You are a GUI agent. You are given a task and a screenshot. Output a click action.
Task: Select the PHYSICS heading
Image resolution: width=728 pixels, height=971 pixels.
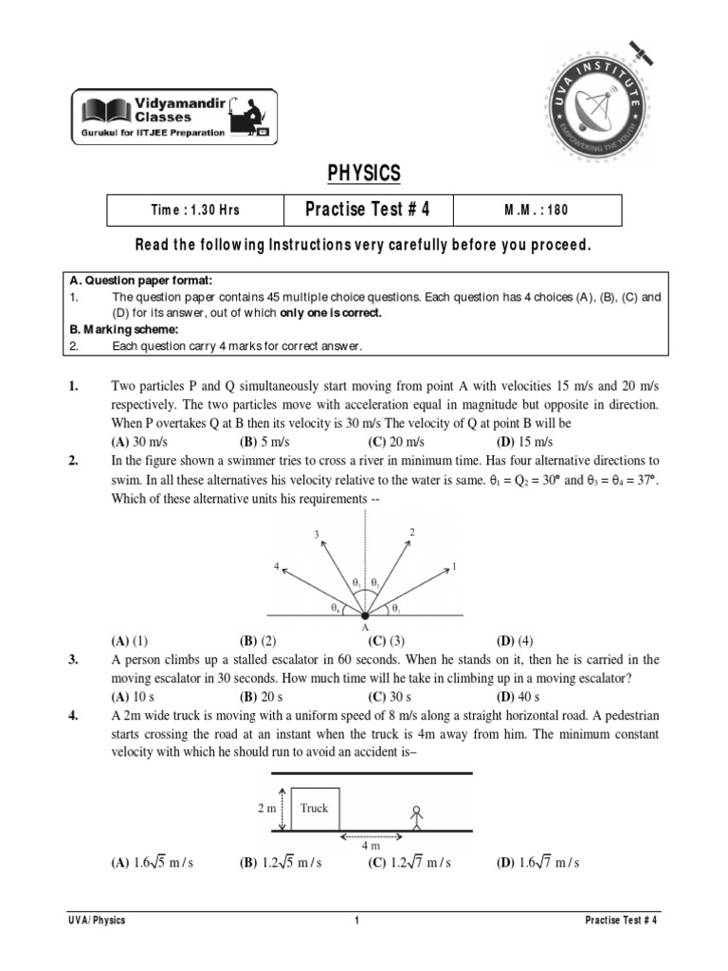coord(364,174)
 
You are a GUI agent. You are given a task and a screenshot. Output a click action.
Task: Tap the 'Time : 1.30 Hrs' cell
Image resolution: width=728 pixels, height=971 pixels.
coord(196,211)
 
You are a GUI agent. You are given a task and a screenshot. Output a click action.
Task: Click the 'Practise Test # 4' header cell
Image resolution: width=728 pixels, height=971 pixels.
coord(369,210)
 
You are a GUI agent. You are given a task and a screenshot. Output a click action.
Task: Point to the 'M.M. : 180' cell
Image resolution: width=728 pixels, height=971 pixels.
coord(537,211)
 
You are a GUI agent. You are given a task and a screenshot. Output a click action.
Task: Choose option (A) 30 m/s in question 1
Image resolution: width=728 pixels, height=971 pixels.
coord(136,442)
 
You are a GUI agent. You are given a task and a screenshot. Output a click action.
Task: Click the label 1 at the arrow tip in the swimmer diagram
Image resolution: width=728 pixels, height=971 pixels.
coord(455,566)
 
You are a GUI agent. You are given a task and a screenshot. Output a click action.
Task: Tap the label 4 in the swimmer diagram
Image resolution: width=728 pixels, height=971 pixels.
coord(276,566)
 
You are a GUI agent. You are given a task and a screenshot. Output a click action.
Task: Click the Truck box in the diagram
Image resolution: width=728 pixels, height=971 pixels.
coord(315,808)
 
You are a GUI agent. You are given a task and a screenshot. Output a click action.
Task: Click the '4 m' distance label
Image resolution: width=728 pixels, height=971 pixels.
coord(374,845)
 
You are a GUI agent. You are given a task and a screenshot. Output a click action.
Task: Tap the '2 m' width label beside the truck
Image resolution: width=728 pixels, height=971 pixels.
coord(265,808)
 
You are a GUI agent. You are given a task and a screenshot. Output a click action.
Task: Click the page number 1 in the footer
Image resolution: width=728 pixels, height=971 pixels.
coord(356,921)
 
